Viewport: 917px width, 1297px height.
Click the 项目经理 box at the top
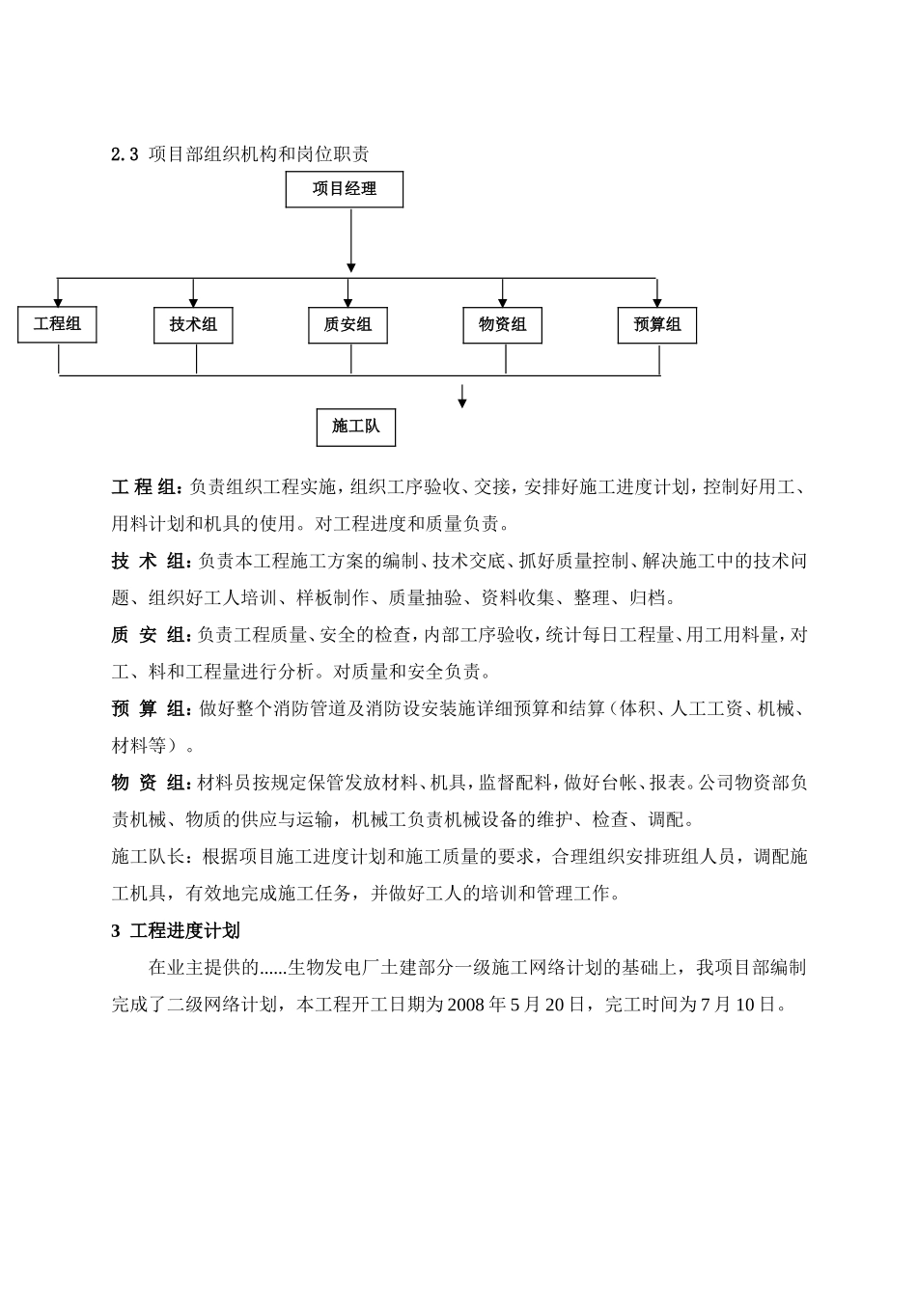[x=344, y=189]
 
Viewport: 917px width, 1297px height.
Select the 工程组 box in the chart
[x=57, y=324]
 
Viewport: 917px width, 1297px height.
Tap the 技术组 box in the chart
[x=193, y=325]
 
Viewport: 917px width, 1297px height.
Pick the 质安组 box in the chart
[x=347, y=325]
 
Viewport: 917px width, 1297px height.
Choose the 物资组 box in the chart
[x=502, y=325]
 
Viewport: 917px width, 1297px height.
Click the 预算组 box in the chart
[x=657, y=325]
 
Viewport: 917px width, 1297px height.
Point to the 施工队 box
[x=355, y=427]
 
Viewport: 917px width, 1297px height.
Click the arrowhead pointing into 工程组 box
[x=58, y=302]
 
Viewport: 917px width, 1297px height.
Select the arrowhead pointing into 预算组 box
[x=657, y=302]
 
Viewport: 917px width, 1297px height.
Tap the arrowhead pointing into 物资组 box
[x=503, y=302]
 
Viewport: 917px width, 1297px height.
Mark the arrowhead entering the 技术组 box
[x=194, y=302]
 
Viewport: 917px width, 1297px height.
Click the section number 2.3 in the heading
[x=125, y=154]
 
